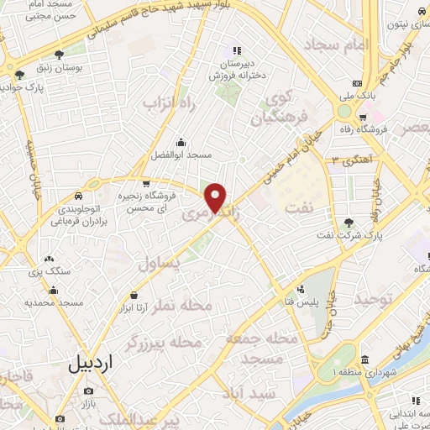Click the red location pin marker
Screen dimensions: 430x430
point(216,197)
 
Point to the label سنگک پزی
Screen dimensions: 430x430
point(48,273)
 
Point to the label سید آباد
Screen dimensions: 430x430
point(249,393)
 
